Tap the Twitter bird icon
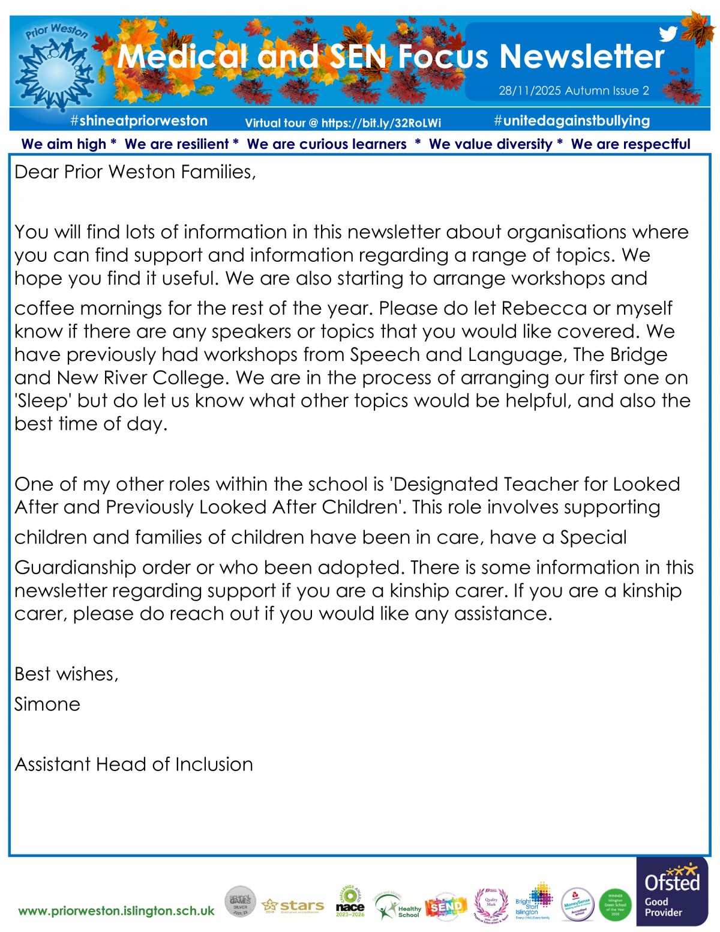[x=668, y=34]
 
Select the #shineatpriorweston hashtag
[x=139, y=121]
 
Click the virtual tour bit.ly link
[x=381, y=123]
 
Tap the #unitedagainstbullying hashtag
[x=572, y=121]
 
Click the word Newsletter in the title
[x=582, y=56]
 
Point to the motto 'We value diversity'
[x=490, y=144]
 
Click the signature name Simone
[x=47, y=704]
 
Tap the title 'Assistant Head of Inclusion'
[x=134, y=764]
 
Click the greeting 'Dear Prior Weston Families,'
[x=135, y=172]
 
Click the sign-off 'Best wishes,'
[x=67, y=674]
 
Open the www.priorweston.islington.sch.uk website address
[x=116, y=911]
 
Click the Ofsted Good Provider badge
[x=672, y=892]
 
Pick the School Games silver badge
[x=240, y=902]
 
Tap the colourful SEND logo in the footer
[x=446, y=907]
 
